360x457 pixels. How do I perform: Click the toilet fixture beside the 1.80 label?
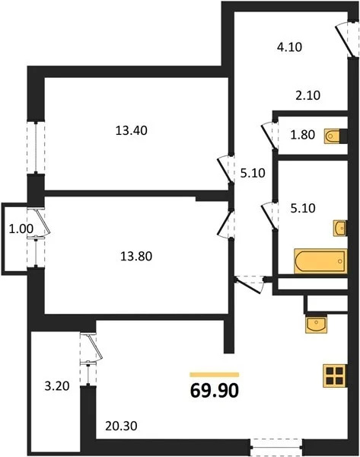(x=336, y=136)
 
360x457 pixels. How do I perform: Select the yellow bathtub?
(x=320, y=260)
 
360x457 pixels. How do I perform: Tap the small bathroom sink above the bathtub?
(x=338, y=227)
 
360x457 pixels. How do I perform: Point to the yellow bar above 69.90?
(x=214, y=375)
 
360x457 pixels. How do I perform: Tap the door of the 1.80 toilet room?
(x=269, y=135)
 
